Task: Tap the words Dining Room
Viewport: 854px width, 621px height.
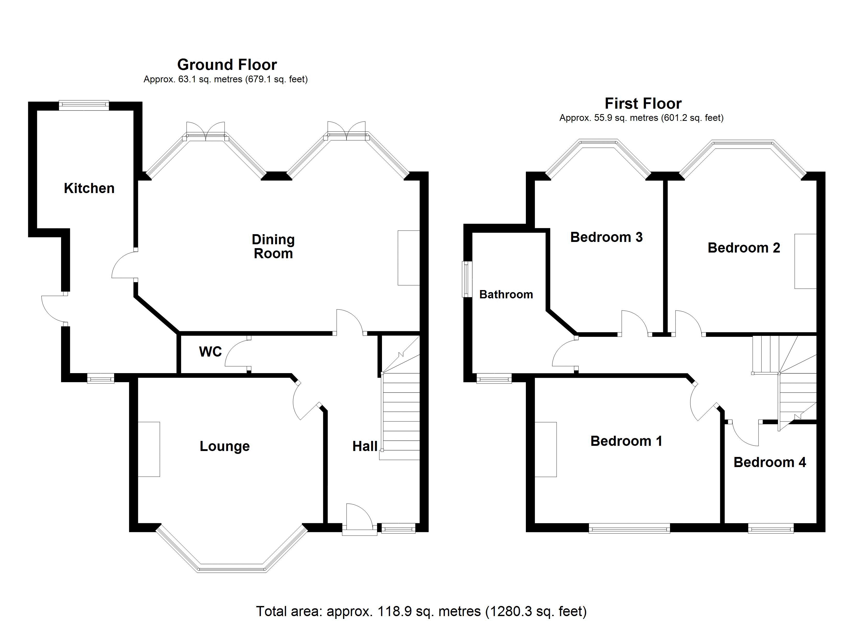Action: point(273,247)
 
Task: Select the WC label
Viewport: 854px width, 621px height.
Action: point(210,352)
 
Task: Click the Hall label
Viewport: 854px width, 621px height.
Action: point(364,446)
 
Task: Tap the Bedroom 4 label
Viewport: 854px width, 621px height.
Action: point(769,462)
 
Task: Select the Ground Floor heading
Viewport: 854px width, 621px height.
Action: point(227,65)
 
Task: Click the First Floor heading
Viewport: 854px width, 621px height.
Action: point(643,103)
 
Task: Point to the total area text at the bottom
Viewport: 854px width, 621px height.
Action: point(421,611)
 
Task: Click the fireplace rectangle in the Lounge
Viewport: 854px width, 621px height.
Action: point(149,449)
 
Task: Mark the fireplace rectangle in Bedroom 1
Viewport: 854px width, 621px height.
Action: point(546,449)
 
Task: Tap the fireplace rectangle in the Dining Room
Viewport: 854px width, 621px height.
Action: point(409,258)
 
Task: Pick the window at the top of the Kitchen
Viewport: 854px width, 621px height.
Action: point(84,106)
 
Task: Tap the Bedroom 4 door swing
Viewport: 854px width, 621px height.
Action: point(746,433)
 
